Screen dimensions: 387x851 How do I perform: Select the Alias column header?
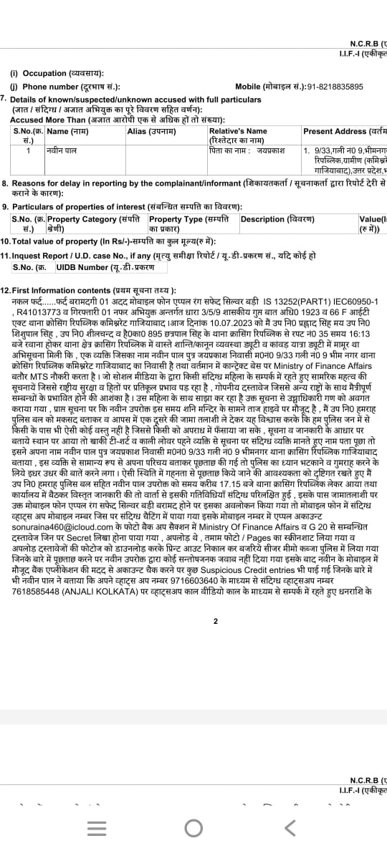coord(147,131)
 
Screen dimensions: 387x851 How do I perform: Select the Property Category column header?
coord(92,219)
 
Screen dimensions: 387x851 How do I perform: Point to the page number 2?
coord(215,621)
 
